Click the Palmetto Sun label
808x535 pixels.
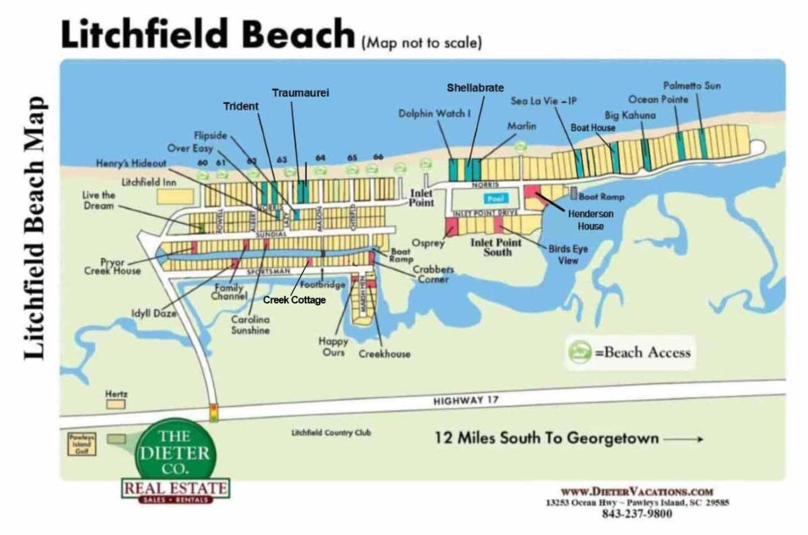[x=692, y=86]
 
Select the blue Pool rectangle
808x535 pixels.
[x=496, y=200]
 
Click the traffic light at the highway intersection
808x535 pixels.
[x=214, y=412]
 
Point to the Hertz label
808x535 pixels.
[x=116, y=393]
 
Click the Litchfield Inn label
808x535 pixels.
[x=149, y=182]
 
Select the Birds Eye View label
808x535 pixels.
[x=568, y=254]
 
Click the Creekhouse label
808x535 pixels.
[x=384, y=354]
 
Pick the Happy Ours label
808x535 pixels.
[x=333, y=347]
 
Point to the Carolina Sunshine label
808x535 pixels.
[x=250, y=325]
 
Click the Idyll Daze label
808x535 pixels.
[x=154, y=312]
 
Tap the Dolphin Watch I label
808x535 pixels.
[x=434, y=114]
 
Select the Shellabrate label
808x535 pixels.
[x=475, y=87]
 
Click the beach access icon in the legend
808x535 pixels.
[x=577, y=353]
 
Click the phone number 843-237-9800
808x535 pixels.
[x=636, y=514]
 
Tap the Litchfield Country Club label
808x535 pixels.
[x=331, y=433]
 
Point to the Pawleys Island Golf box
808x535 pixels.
[x=81, y=444]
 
